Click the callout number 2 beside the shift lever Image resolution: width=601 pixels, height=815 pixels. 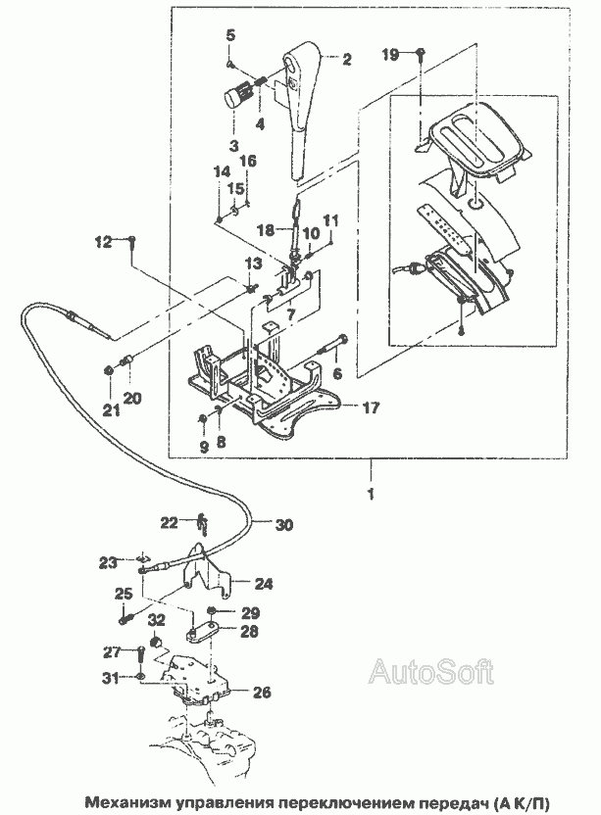tap(345, 60)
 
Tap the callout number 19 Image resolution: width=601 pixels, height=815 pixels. tap(390, 55)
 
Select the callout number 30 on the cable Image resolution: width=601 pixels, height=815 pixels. tap(283, 525)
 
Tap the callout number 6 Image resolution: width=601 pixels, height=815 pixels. tap(337, 373)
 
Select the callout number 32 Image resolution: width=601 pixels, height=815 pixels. tap(156, 620)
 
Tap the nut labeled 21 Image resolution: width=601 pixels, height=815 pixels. tap(107, 370)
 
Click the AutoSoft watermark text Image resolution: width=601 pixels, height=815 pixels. tap(430, 672)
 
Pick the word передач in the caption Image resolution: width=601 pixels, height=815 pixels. tap(432, 799)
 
